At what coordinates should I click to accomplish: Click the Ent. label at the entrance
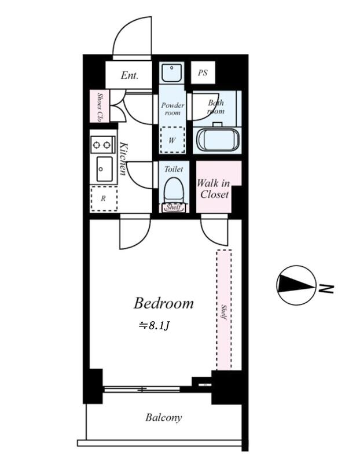(129, 75)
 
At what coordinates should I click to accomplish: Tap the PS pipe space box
(203, 73)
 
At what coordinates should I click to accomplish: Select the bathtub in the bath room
(218, 140)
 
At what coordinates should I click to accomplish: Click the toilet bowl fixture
(174, 190)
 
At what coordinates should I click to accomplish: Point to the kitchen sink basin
(105, 169)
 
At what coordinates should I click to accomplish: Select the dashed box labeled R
(104, 199)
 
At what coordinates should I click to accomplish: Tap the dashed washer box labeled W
(172, 140)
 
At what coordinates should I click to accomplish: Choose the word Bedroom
(164, 303)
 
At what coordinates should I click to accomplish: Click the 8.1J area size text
(155, 325)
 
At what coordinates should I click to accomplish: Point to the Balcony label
(164, 417)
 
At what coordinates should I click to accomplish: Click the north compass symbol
(296, 285)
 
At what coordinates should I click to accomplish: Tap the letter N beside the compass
(326, 289)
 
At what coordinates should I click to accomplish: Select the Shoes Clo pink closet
(100, 106)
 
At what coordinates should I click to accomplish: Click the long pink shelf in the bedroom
(224, 310)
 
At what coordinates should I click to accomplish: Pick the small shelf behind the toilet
(174, 207)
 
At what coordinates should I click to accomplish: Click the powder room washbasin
(171, 72)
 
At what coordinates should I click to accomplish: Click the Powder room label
(172, 109)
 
